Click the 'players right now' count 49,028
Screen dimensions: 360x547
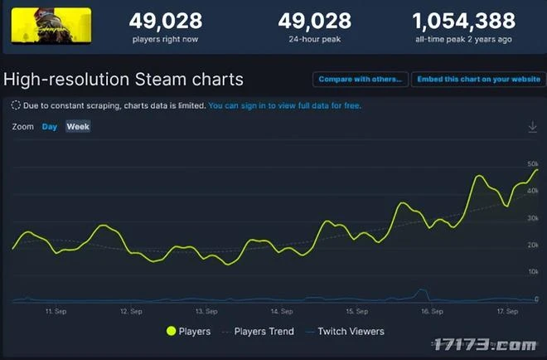click(x=167, y=20)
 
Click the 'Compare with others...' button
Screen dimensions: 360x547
click(x=361, y=80)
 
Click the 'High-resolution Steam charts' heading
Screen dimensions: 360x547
click(x=123, y=80)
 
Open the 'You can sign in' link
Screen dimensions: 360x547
click(x=284, y=106)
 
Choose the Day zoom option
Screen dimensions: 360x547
click(x=50, y=127)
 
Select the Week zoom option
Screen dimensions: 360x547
click(x=78, y=127)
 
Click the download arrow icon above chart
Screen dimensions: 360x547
click(x=532, y=127)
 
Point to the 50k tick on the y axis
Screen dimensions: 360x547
click(x=533, y=163)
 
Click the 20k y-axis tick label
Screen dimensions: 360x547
click(x=533, y=245)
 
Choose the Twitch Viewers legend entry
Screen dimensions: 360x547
click(x=345, y=331)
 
